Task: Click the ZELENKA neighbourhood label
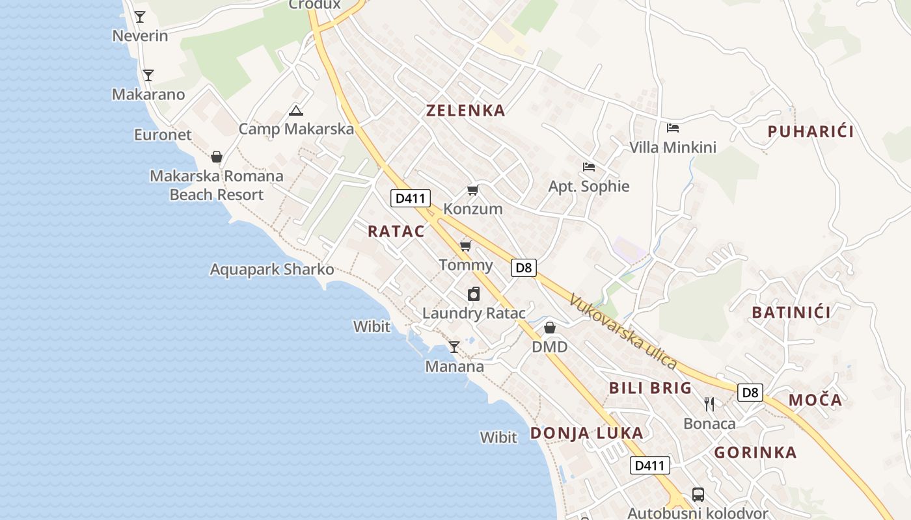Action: tap(465, 110)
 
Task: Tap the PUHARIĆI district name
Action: tap(810, 132)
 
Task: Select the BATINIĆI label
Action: tap(791, 313)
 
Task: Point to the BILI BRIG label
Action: tap(650, 388)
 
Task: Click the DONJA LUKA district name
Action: tap(586, 433)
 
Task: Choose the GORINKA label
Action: tap(755, 452)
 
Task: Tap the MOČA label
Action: tap(815, 400)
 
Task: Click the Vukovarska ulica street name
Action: tap(623, 332)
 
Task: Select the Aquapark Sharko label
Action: tap(272, 269)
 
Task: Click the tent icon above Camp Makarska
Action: tap(296, 110)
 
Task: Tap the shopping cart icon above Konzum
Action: tap(473, 190)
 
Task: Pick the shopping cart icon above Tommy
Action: tap(465, 246)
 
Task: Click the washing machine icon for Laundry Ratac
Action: tap(474, 294)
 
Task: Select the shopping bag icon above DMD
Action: tap(550, 328)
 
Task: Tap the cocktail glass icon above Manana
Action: tap(454, 347)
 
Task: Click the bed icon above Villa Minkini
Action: tap(673, 128)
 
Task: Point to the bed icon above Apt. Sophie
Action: tap(589, 167)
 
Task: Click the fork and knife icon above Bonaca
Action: tap(709, 404)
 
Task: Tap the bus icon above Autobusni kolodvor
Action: tap(698, 494)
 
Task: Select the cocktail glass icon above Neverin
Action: tap(140, 16)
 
